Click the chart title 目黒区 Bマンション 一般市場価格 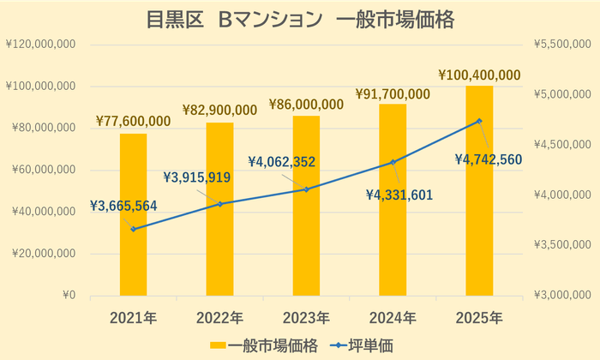(x=300, y=18)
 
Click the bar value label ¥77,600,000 (x=133, y=121)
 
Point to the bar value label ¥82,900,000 (x=219, y=110)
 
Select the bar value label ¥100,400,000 (x=479, y=75)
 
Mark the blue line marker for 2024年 (x=393, y=162)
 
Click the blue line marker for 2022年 (x=219, y=204)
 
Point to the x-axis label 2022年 (x=219, y=318)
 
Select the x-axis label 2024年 (x=393, y=318)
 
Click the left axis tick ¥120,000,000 (x=41, y=45)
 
